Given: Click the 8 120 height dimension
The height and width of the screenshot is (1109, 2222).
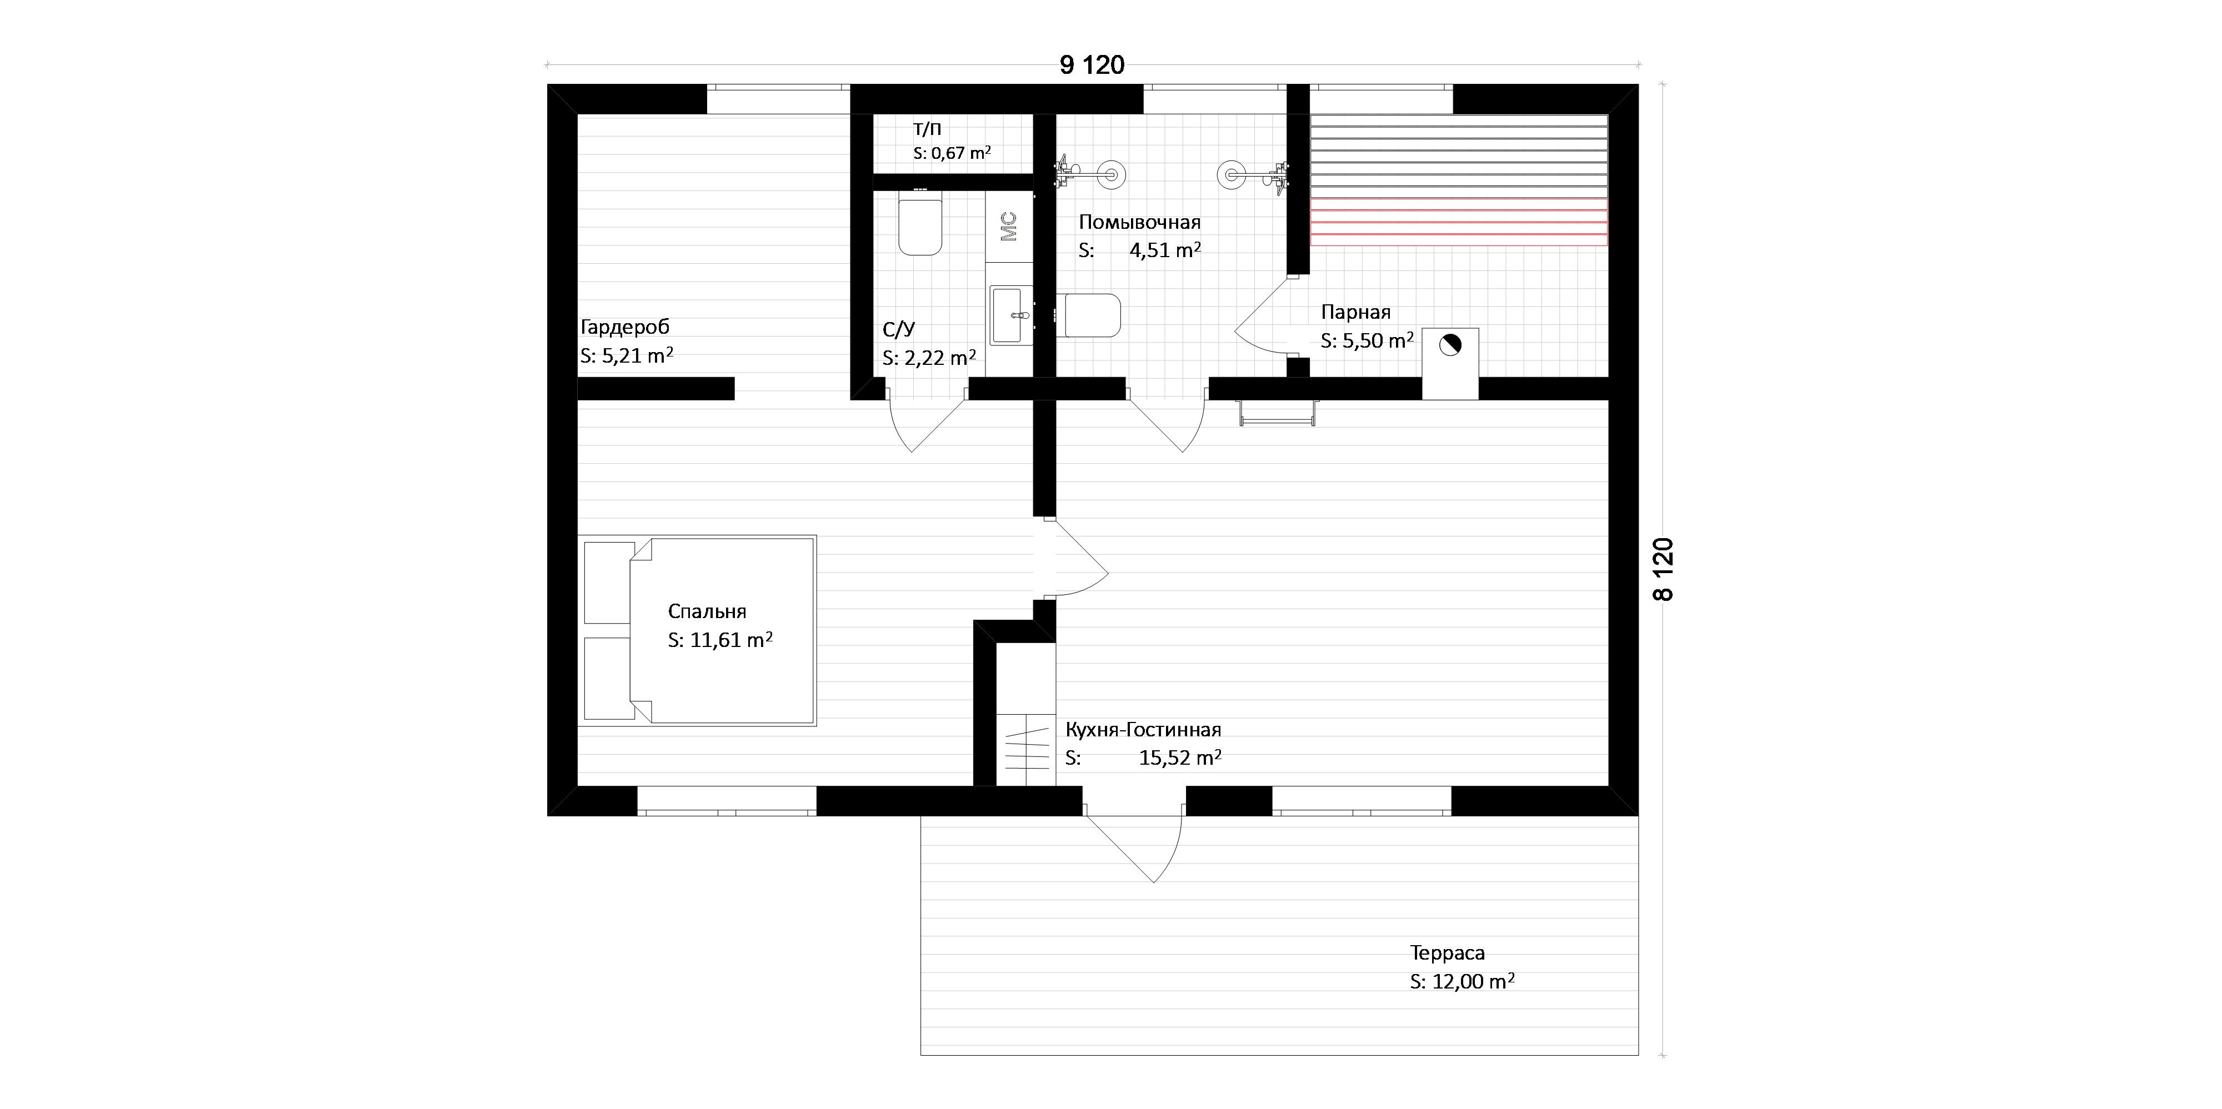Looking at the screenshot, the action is click(x=1663, y=569).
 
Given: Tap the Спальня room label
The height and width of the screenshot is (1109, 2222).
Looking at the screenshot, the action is click(x=707, y=611).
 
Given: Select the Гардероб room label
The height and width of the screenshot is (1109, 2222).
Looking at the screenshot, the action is click(x=624, y=327).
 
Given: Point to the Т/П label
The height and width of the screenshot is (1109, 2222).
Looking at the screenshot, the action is click(x=927, y=129).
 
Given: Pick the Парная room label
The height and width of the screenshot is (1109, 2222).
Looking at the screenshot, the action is click(x=1356, y=312).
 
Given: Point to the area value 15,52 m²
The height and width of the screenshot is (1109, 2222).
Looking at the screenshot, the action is click(x=1180, y=758).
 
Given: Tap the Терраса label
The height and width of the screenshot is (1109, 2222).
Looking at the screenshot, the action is click(x=1448, y=953).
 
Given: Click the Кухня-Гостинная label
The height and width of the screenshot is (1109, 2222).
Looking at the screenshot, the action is click(x=1143, y=730).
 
